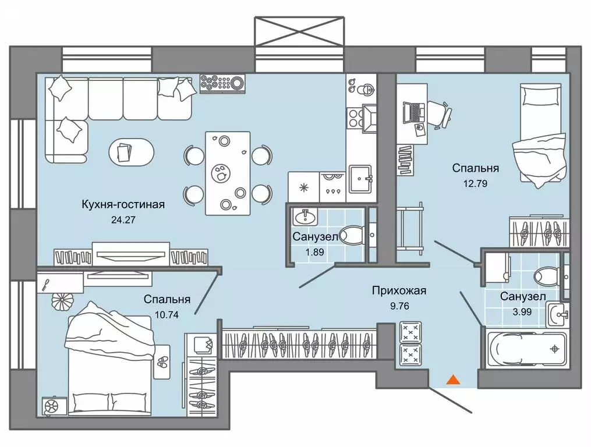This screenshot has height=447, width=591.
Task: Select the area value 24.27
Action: [x=122, y=220]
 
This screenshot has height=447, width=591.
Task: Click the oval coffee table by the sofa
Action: [x=132, y=152]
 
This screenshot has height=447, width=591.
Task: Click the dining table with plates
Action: [x=228, y=173]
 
